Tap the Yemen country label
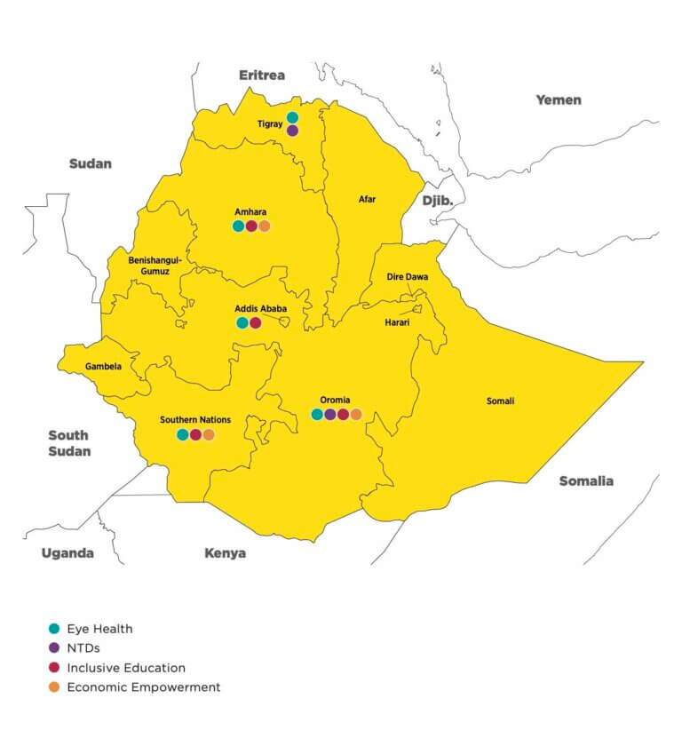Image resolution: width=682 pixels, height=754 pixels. pyautogui.click(x=558, y=99)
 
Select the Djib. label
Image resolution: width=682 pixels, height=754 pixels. pyautogui.click(x=437, y=201)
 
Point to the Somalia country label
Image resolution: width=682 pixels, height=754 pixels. pyautogui.click(x=585, y=480)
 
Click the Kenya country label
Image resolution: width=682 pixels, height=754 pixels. pyautogui.click(x=225, y=553)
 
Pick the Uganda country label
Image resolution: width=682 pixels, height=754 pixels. pyautogui.click(x=67, y=553)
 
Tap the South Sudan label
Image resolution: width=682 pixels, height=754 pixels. pyautogui.click(x=68, y=443)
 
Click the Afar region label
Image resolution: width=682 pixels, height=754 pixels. pyautogui.click(x=367, y=200)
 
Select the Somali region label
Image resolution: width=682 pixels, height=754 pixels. pyautogui.click(x=500, y=401)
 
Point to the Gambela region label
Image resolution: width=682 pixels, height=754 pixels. pyautogui.click(x=103, y=366)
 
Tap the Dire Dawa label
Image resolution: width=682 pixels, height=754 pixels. pyautogui.click(x=407, y=277)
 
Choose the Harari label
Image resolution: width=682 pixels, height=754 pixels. pyautogui.click(x=397, y=322)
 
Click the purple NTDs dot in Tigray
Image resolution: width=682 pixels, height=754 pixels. pyautogui.click(x=292, y=131)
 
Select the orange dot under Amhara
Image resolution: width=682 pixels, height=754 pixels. pyautogui.click(x=264, y=226)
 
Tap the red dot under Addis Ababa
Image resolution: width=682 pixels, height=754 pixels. pyautogui.click(x=256, y=322)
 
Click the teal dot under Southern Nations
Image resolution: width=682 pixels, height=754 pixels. pyautogui.click(x=183, y=434)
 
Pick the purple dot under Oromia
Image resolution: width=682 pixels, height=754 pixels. pyautogui.click(x=330, y=414)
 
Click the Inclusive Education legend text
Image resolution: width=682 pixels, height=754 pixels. pyautogui.click(x=126, y=668)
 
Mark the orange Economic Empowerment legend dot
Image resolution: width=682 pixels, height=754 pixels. pyautogui.click(x=54, y=687)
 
